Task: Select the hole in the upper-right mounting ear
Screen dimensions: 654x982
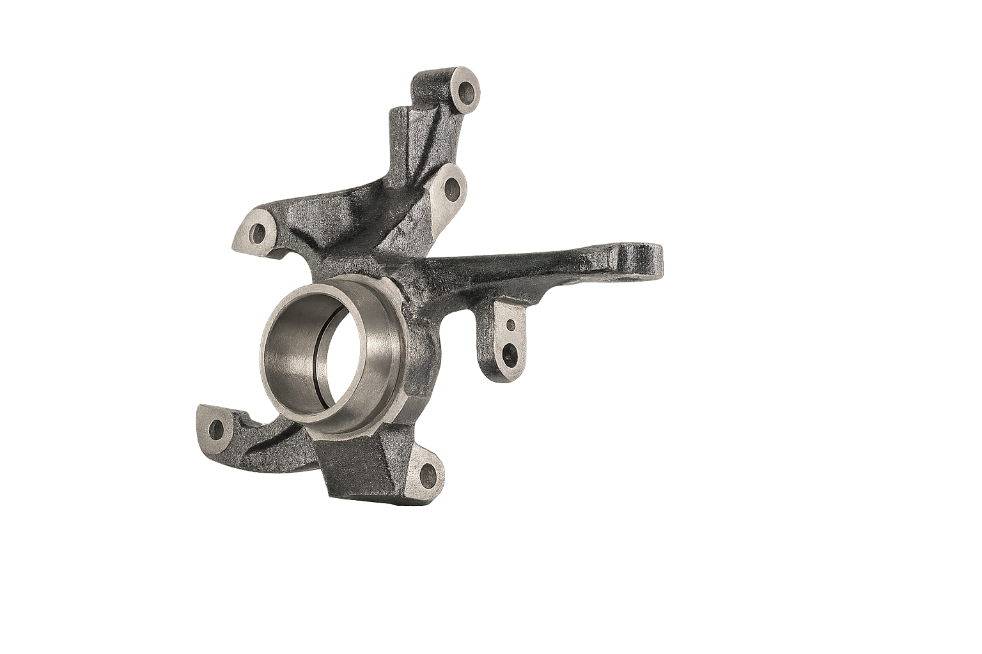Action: pyautogui.click(x=451, y=188)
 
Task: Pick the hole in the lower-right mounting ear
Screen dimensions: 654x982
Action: pyautogui.click(x=426, y=473)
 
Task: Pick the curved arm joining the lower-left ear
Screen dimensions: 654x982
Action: pyautogui.click(x=269, y=441)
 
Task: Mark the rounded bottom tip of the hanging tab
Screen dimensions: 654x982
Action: pyautogui.click(x=502, y=376)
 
